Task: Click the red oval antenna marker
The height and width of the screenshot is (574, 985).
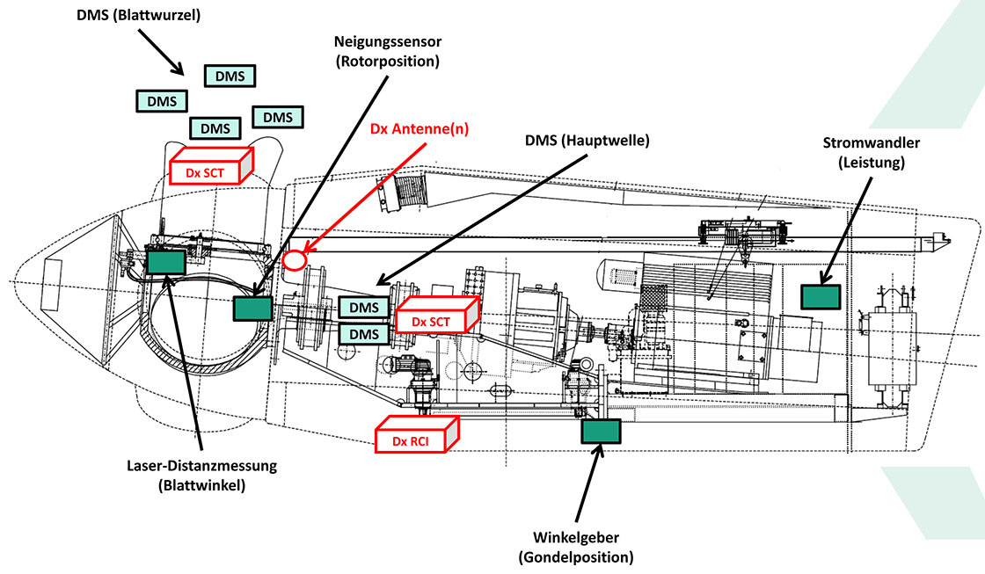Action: (295, 260)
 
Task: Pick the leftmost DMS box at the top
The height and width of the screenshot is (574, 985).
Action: (162, 100)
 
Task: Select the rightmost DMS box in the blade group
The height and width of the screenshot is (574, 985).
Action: (278, 117)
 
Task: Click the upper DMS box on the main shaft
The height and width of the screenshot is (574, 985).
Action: (364, 308)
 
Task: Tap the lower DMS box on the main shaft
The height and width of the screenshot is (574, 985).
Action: (364, 334)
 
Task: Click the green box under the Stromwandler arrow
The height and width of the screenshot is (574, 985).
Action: (820, 296)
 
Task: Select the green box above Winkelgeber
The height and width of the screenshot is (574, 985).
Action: (601, 431)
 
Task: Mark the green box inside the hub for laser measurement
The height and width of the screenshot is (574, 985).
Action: (165, 262)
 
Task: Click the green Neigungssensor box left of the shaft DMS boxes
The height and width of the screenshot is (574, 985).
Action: (253, 308)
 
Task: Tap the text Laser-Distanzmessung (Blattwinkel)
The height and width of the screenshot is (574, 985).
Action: (202, 475)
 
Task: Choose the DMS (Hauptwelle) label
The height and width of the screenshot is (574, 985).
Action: (586, 141)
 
